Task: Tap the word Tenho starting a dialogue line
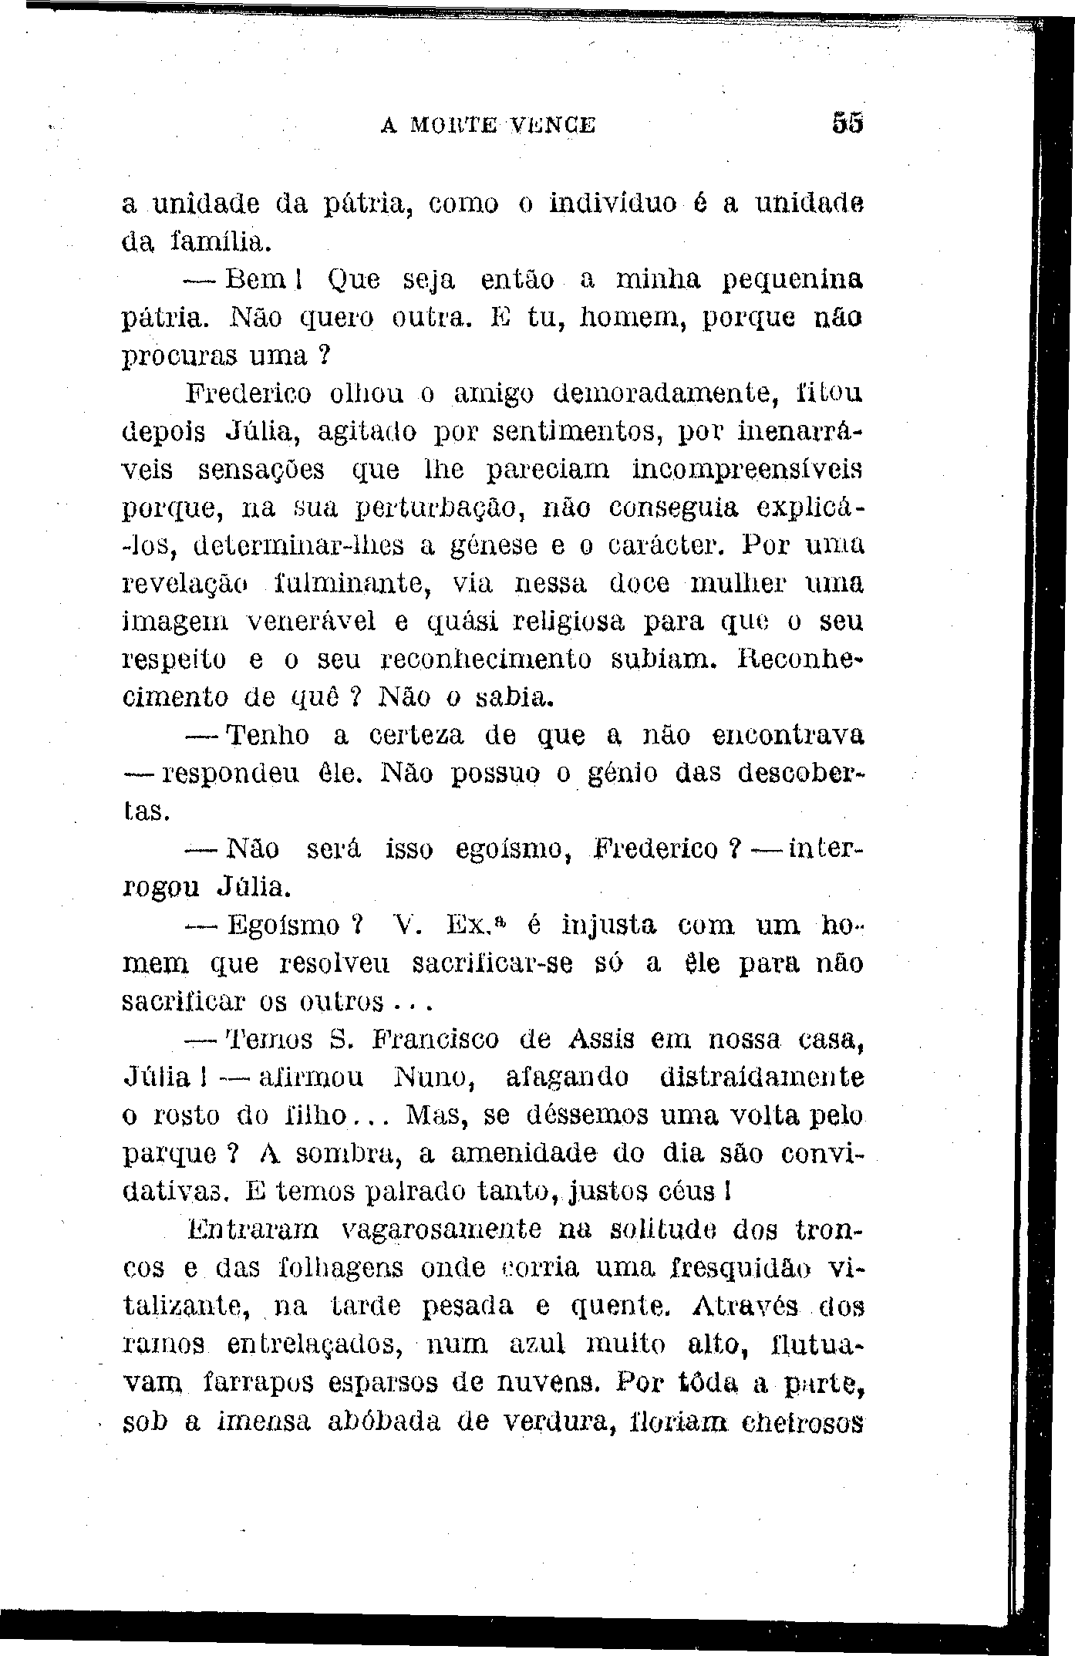(x=269, y=736)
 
